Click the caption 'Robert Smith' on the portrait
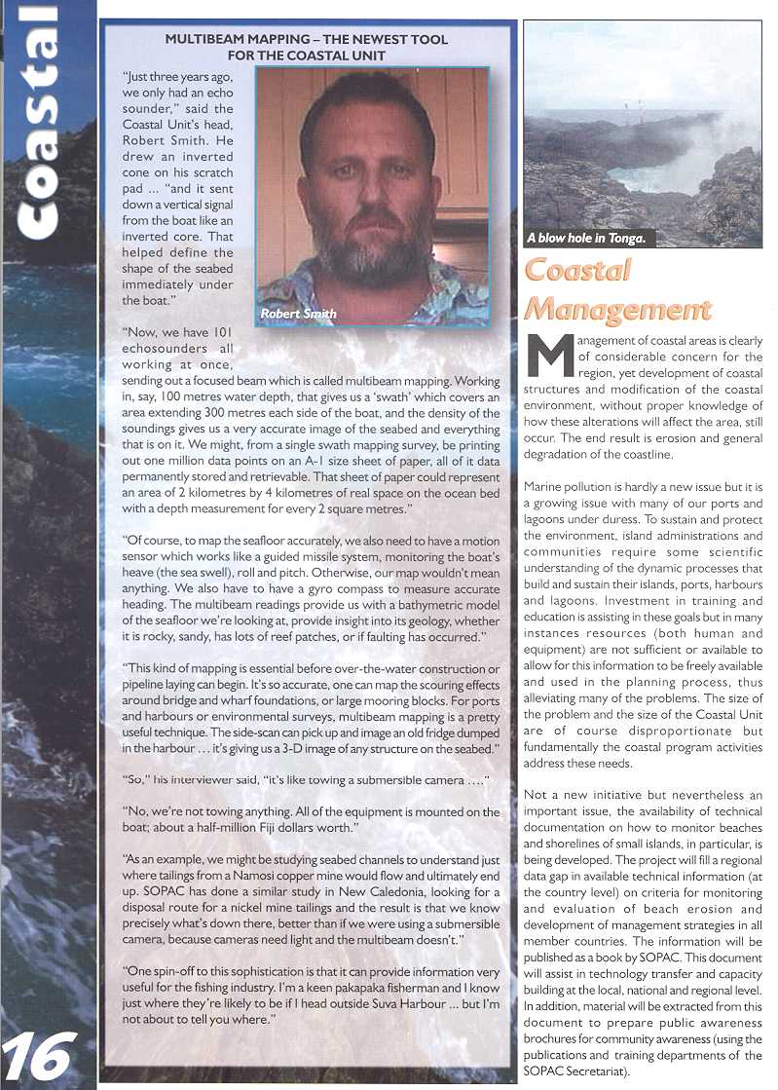[x=298, y=314]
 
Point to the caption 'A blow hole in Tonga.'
[x=586, y=238]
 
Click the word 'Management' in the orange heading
[x=617, y=309]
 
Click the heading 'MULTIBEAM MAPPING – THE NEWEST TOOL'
[x=306, y=40]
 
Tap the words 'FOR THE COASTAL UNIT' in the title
[x=307, y=56]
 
